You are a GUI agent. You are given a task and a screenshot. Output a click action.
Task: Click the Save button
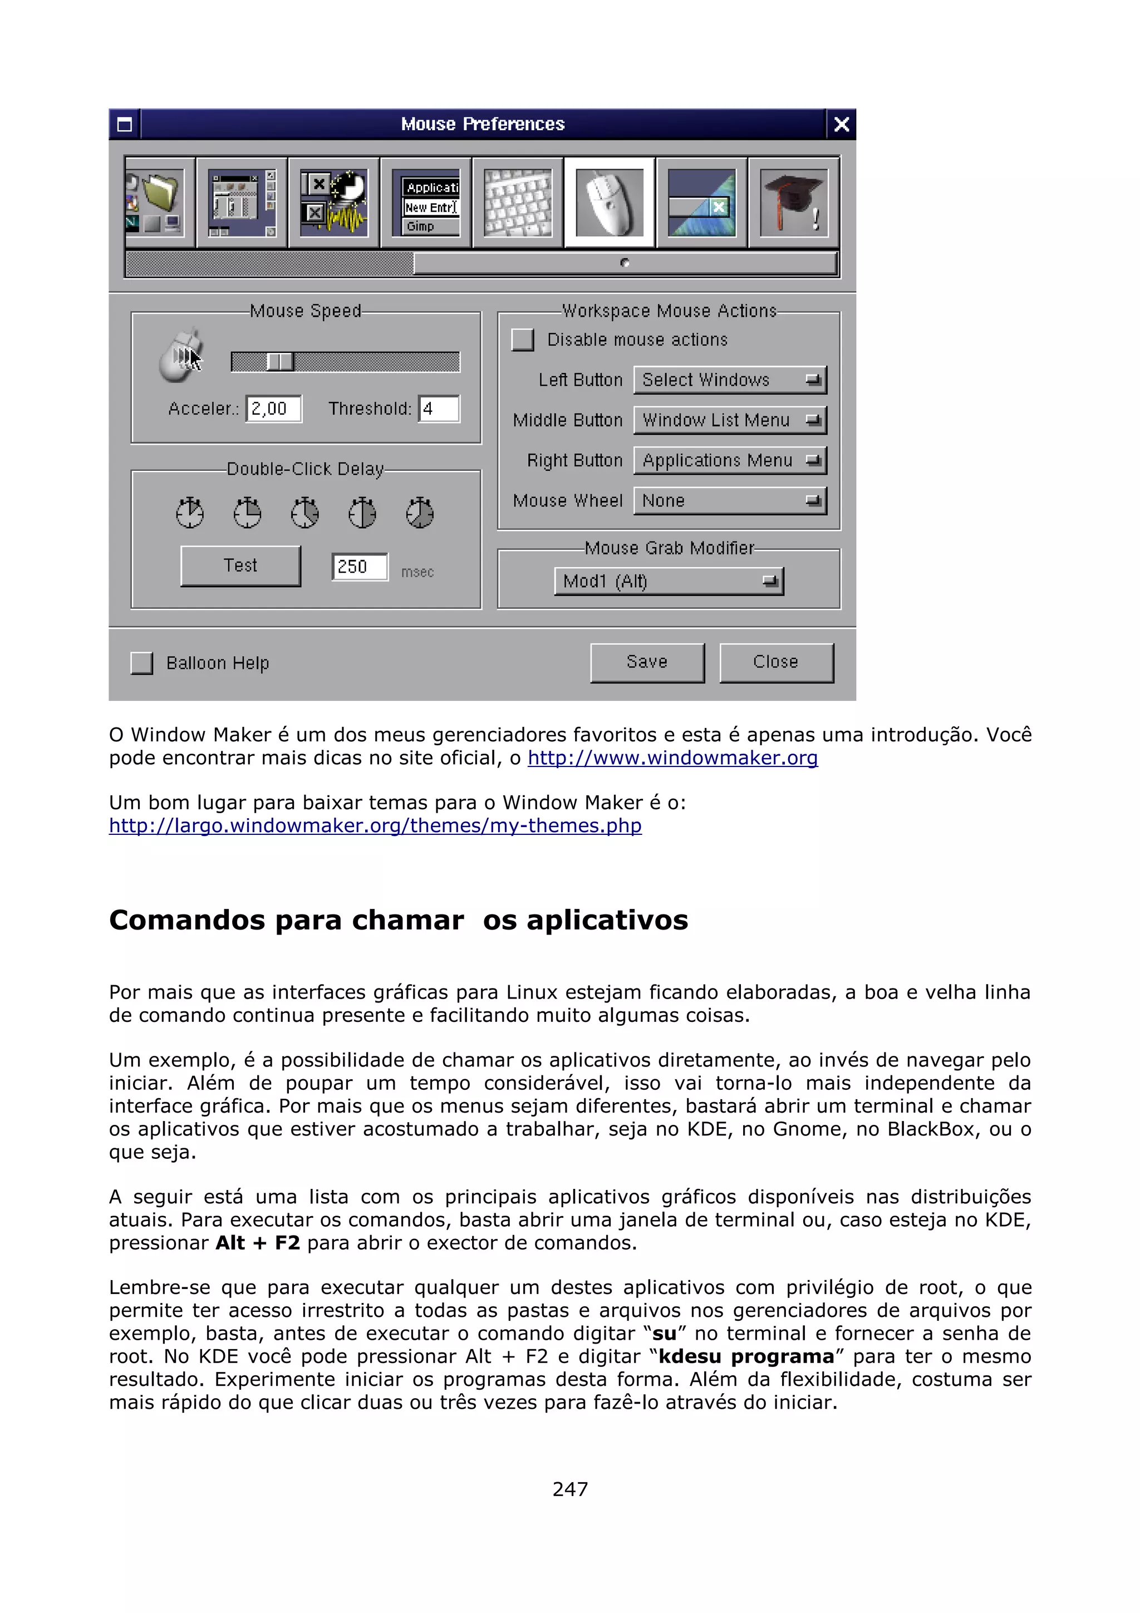click(x=647, y=662)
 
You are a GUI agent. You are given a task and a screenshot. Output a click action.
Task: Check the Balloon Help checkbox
click(x=142, y=662)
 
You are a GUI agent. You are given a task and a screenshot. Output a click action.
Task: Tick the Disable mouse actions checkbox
click(x=522, y=340)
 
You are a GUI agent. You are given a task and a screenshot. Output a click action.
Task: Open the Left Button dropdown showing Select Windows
click(x=729, y=380)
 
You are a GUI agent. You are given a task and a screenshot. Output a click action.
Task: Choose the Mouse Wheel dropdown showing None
click(x=729, y=501)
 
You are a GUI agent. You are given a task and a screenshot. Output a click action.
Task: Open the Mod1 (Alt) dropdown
click(x=668, y=581)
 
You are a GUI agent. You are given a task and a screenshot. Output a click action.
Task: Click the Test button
click(x=240, y=565)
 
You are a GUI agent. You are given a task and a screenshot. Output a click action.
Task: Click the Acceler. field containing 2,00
click(x=273, y=409)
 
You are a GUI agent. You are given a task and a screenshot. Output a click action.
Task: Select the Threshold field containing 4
click(x=439, y=409)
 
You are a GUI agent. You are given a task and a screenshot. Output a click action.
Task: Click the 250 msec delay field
click(x=359, y=567)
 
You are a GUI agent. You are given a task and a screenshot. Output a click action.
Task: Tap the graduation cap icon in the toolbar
click(x=794, y=203)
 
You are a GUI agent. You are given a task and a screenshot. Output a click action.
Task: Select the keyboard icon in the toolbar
click(x=518, y=203)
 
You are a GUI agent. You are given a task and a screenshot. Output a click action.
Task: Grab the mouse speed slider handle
click(x=279, y=362)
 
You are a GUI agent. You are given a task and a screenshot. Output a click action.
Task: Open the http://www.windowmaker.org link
click(x=672, y=758)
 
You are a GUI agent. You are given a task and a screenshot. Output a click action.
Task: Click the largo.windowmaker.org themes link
click(x=375, y=825)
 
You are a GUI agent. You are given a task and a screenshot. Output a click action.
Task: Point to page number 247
click(x=569, y=1489)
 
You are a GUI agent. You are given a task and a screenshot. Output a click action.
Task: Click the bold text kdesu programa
click(x=746, y=1356)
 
